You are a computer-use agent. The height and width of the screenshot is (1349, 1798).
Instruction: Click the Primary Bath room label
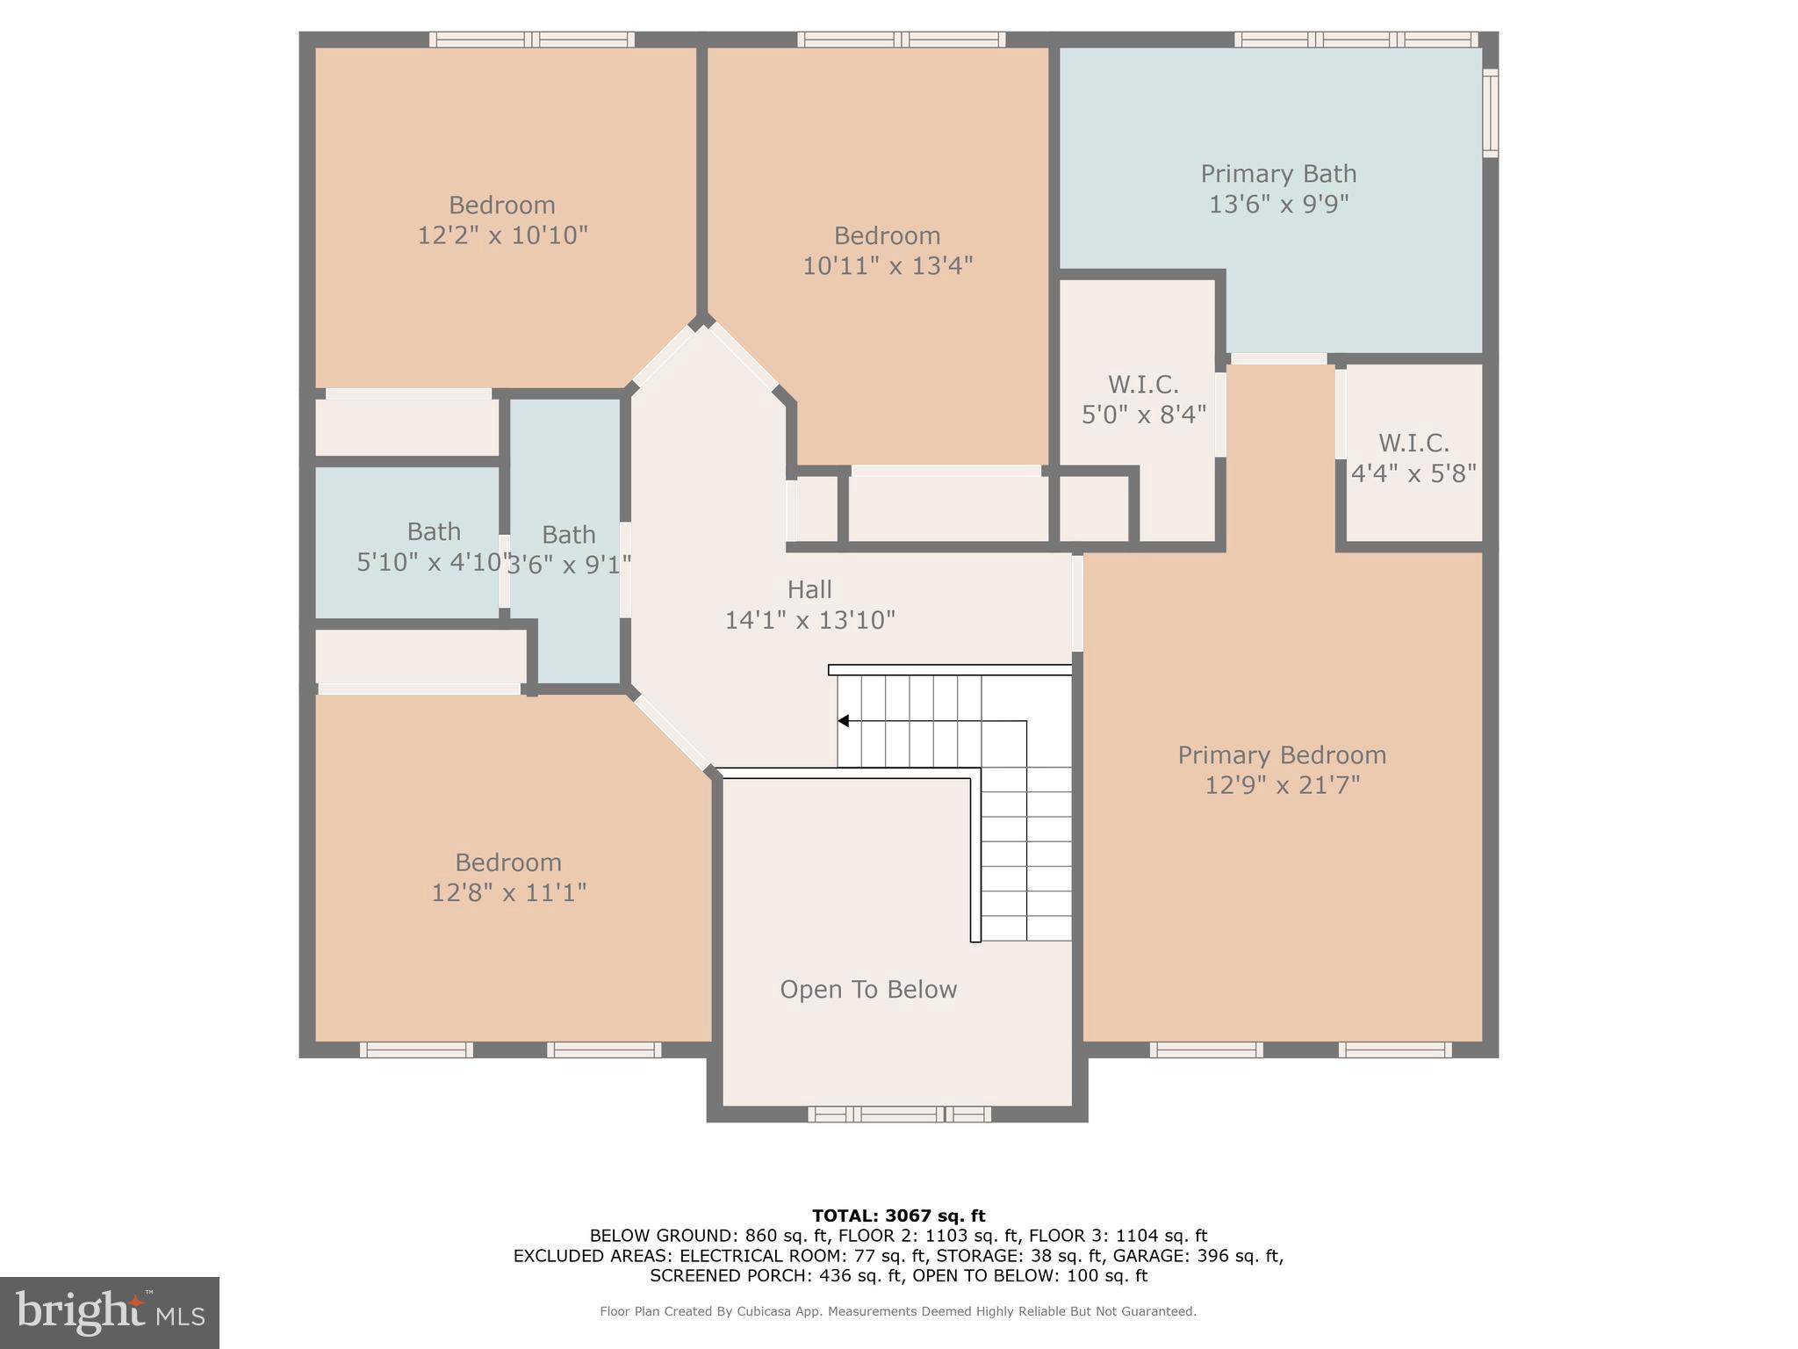coord(1278,174)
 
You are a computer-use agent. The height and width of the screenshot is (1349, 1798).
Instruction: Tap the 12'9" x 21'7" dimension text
coord(1282,785)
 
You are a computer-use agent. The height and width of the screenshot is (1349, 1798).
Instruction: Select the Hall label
coord(809,589)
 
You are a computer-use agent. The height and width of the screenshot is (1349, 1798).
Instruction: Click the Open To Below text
coord(868,990)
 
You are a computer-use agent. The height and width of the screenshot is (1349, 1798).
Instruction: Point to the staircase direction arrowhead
coord(843,721)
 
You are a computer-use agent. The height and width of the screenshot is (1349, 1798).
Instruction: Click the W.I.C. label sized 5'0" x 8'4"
coord(1143,385)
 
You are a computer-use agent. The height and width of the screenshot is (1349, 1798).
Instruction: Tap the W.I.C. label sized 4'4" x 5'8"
coord(1413,443)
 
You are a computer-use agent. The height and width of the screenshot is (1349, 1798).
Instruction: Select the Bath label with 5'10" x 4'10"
coord(434,532)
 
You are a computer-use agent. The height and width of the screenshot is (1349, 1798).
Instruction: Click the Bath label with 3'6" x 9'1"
coord(569,535)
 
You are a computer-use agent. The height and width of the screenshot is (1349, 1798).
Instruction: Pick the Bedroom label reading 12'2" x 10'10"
coord(502,206)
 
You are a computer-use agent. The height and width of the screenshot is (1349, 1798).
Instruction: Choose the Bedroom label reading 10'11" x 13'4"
coord(887,236)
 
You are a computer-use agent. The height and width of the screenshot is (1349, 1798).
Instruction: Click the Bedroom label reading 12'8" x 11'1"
coord(508,862)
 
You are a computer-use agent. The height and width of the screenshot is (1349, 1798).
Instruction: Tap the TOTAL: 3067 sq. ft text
coord(898,1216)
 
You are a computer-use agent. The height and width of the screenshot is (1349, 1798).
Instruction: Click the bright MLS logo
coord(110,1312)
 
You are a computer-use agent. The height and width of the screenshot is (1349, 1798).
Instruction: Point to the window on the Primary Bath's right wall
coord(1490,113)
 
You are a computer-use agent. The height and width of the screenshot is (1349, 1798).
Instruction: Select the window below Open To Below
coord(899,1115)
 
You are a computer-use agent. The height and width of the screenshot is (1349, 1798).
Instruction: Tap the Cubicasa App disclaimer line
coord(898,1311)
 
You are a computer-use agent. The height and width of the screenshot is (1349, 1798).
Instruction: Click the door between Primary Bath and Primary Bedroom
coord(1278,358)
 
